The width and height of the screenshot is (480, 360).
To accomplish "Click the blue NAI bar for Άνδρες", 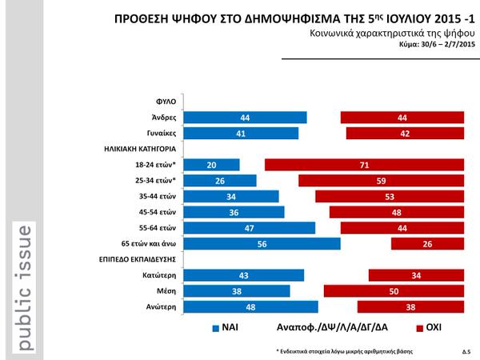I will [246, 118].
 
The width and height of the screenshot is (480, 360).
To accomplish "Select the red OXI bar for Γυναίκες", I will [405, 134].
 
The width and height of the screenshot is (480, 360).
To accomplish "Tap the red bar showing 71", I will [365, 165].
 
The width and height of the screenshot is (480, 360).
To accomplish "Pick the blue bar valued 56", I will [262, 243].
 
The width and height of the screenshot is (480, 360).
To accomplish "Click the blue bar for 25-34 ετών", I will [220, 181].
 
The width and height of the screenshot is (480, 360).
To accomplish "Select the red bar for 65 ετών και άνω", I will [428, 243].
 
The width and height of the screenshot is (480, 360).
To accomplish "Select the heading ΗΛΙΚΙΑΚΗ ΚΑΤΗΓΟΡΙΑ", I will [140, 150].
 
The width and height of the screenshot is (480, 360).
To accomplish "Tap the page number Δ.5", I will [466, 351].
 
